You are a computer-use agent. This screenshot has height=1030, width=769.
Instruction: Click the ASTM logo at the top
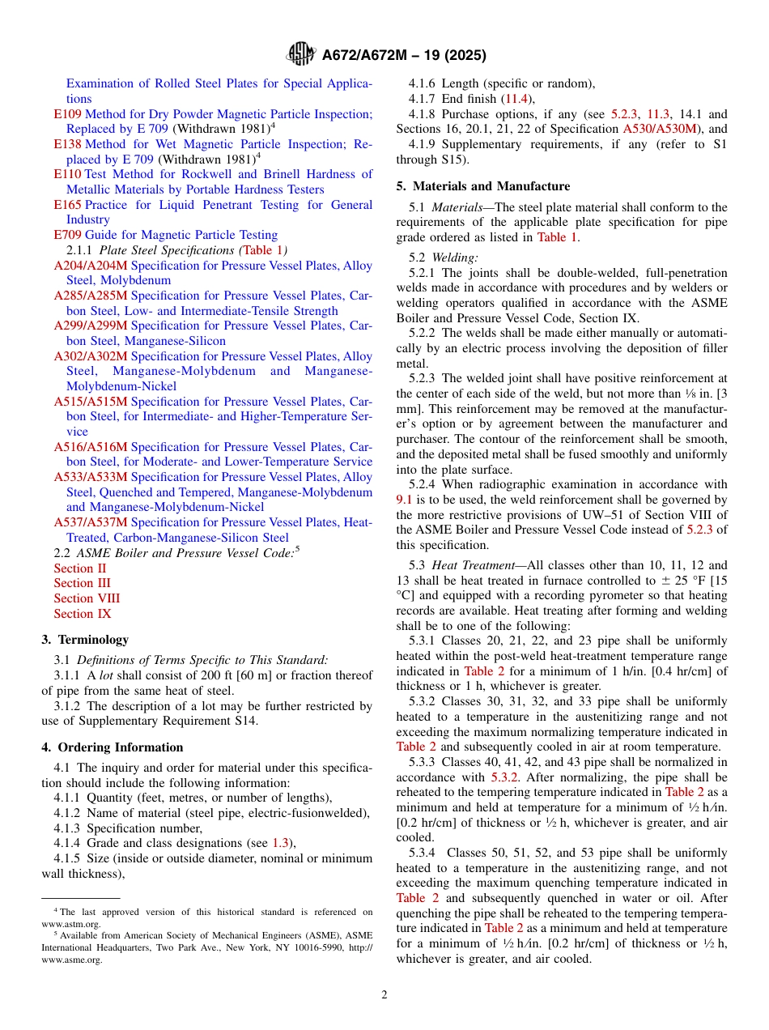301,54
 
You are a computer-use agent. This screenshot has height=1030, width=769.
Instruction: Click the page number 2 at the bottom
384,994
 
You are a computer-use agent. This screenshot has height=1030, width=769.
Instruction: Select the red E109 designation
67,114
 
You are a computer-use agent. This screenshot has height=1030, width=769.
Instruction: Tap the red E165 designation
67,205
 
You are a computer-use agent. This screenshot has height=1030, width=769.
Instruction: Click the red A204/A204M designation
91,266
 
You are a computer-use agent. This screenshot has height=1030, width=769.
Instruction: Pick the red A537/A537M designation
91,522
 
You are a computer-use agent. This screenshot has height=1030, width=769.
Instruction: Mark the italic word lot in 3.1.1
106,675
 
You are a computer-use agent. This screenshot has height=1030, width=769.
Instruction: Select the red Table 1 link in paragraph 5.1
558,237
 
